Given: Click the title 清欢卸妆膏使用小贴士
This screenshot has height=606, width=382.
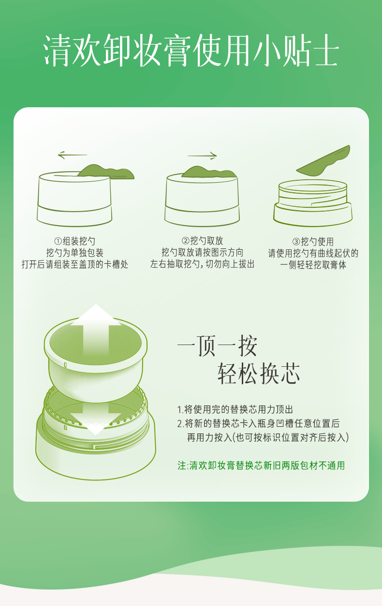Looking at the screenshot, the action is point(191,51).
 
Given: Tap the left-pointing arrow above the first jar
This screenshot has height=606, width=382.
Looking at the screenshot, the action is point(72,155).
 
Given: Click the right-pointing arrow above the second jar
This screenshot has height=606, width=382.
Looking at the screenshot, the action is point(202,156).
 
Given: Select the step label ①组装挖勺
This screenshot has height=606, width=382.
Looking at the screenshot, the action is point(75,241).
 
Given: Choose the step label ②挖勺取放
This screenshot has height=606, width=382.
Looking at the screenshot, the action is point(202,240).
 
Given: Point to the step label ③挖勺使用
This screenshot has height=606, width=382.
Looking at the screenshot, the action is point(313,241).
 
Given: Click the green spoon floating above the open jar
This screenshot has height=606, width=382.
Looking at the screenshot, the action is point(323,161).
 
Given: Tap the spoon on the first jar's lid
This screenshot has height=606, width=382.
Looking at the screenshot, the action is point(106,172).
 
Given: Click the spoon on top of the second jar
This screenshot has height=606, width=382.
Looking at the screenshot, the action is point(209,172).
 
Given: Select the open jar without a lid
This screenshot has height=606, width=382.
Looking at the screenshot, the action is point(313,203).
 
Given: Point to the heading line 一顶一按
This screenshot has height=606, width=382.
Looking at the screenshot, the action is point(217,346).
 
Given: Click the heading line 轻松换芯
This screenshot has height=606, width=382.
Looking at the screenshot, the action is point(259,374).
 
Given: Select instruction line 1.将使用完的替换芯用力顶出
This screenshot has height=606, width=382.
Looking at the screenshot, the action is point(235,409).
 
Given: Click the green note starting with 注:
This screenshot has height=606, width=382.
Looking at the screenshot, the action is point(261,465).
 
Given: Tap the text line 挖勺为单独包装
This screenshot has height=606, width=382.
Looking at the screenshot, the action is point(75,253).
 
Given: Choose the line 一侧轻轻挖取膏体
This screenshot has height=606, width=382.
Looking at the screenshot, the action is point(313,265).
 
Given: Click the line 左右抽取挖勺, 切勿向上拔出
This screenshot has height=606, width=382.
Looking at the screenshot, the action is point(202,264).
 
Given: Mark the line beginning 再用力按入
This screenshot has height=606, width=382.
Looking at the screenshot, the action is point(268,437).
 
